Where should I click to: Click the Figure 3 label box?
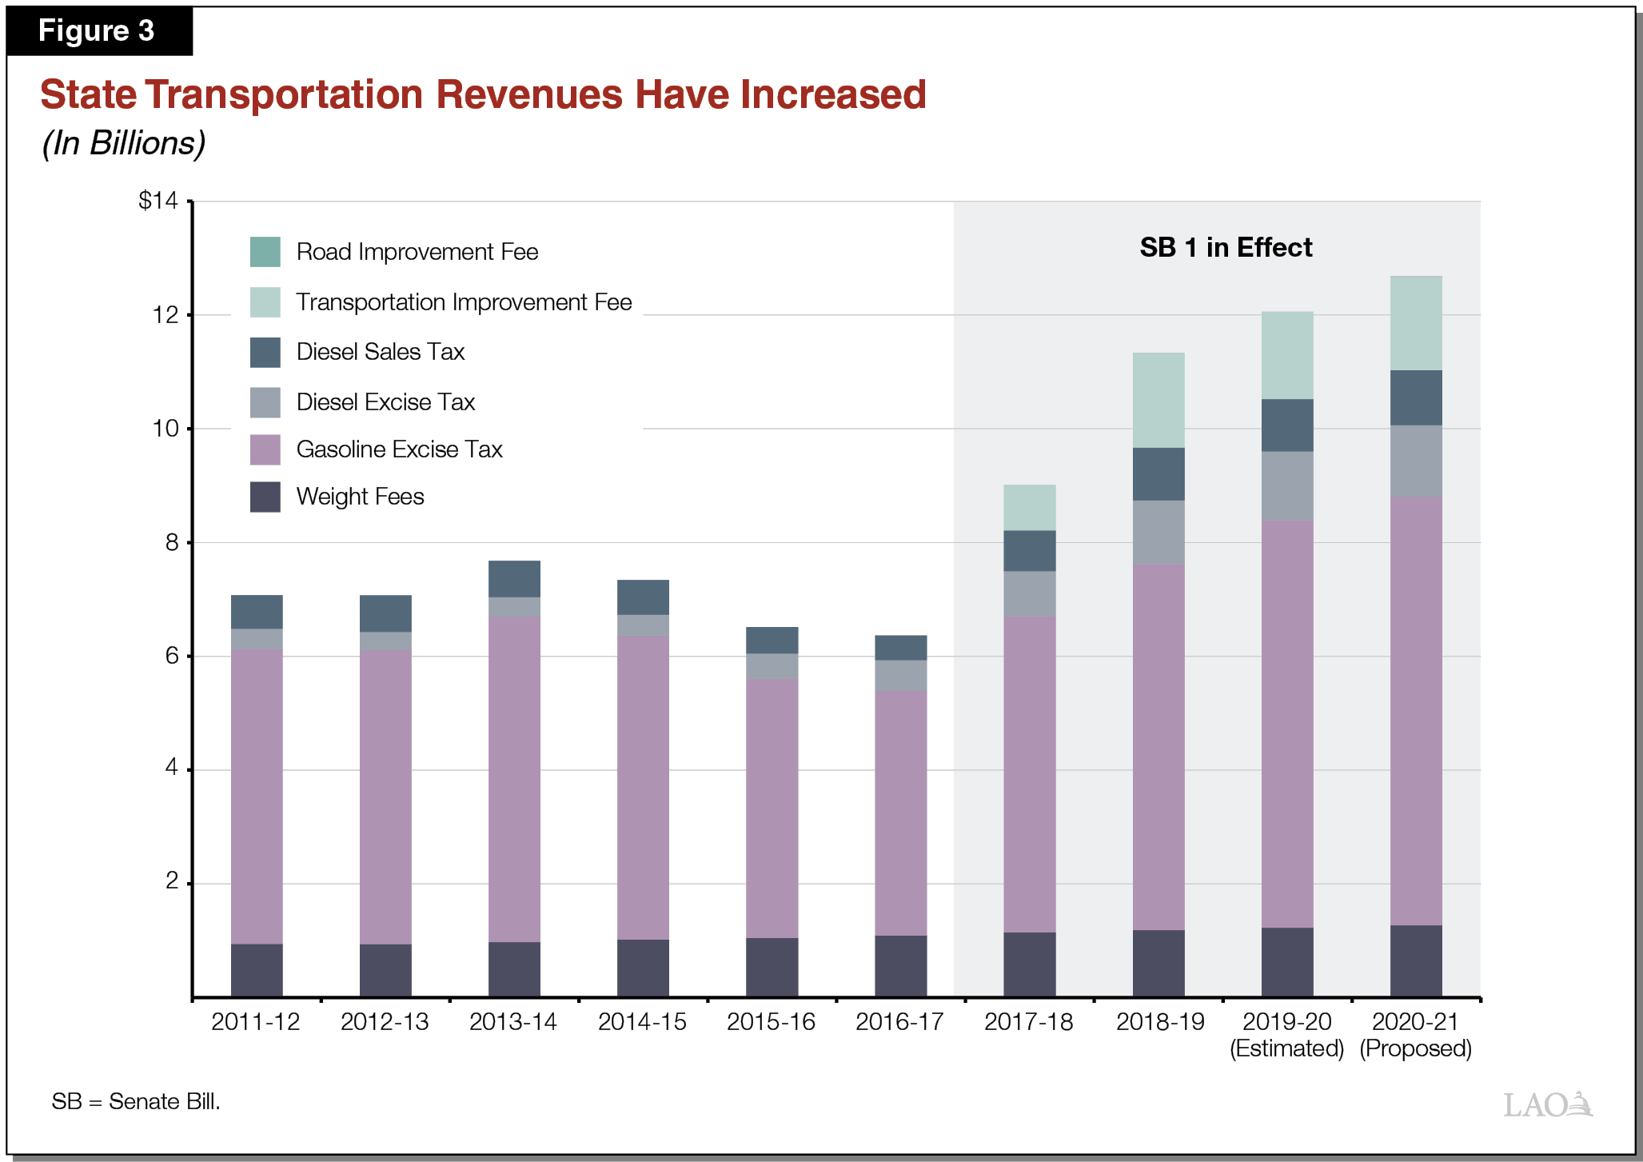pyautogui.click(x=98, y=31)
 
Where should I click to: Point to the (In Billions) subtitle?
pyautogui.click(x=124, y=143)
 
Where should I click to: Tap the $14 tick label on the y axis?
pyautogui.click(x=158, y=200)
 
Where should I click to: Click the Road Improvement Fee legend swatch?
pyautogui.click(x=265, y=252)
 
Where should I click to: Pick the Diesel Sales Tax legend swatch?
pyautogui.click(x=265, y=352)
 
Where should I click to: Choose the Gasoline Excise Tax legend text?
pyautogui.click(x=399, y=449)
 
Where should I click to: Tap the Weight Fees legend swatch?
pyautogui.click(x=265, y=497)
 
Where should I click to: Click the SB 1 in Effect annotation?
pyautogui.click(x=1225, y=248)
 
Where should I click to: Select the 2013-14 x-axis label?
pyautogui.click(x=512, y=1022)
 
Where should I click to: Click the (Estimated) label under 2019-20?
pyautogui.click(x=1286, y=1048)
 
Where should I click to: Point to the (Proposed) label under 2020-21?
pyautogui.click(x=1415, y=1048)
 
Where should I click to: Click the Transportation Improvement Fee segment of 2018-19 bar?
pyautogui.click(x=1158, y=400)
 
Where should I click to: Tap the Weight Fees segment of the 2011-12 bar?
pyautogui.click(x=257, y=970)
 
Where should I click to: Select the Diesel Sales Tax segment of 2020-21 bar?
pyautogui.click(x=1416, y=397)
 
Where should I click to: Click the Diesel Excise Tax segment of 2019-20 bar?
pyautogui.click(x=1287, y=486)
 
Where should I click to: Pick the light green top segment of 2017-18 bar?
pyautogui.click(x=1029, y=507)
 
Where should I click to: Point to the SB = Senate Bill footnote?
pyautogui.click(x=136, y=1102)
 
